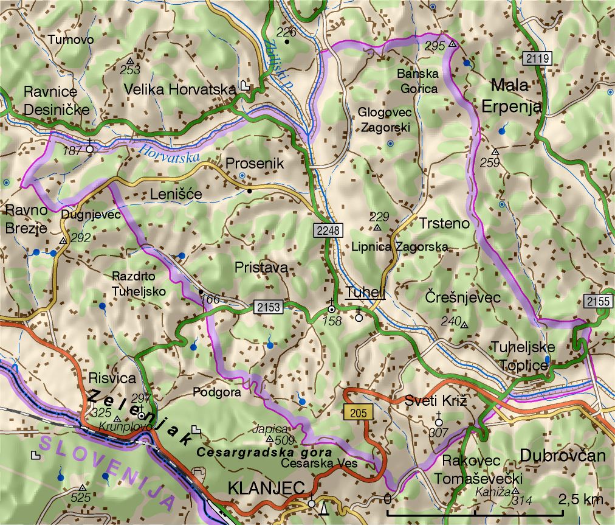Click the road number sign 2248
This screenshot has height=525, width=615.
pos(329,230)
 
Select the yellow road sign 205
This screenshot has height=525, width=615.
pos(358,412)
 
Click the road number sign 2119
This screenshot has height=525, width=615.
pos(537,59)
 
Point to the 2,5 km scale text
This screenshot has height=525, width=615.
pos(580,501)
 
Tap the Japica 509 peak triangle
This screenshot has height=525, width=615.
pos(270,438)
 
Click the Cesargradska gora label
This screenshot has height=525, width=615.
pos(264,453)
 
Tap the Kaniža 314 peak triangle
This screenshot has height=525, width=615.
pos(515,491)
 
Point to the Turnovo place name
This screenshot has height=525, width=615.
pos(70,40)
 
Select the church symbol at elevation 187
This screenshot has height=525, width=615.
pos(90,148)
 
